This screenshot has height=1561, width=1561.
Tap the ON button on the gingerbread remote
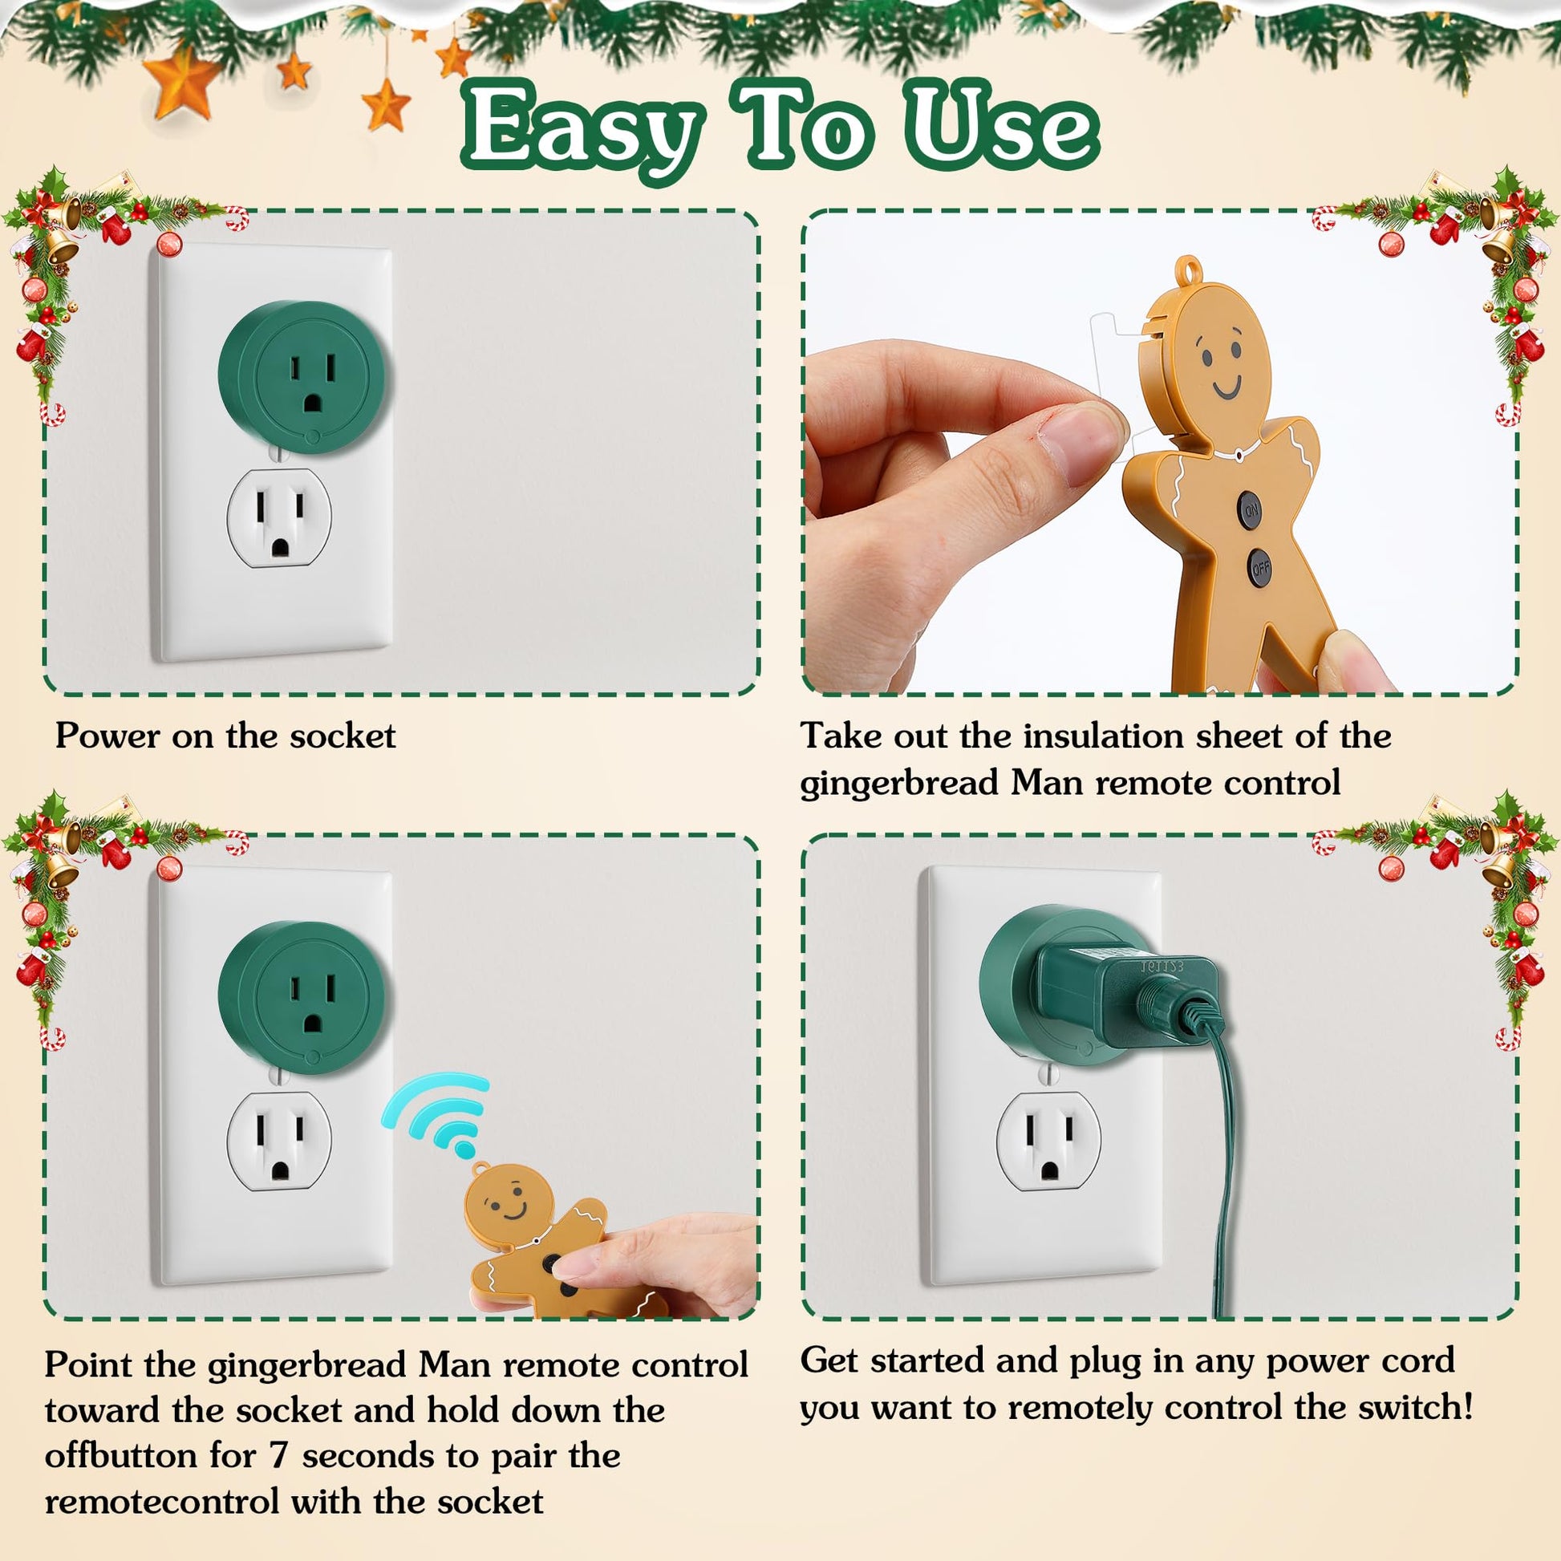[1251, 510]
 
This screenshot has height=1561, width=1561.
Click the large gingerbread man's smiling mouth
[1227, 387]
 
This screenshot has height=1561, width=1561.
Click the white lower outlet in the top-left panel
[280, 518]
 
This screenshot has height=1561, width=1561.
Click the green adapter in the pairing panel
[304, 999]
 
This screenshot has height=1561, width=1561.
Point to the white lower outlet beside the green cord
[1048, 1140]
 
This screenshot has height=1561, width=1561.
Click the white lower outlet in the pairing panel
[280, 1140]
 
